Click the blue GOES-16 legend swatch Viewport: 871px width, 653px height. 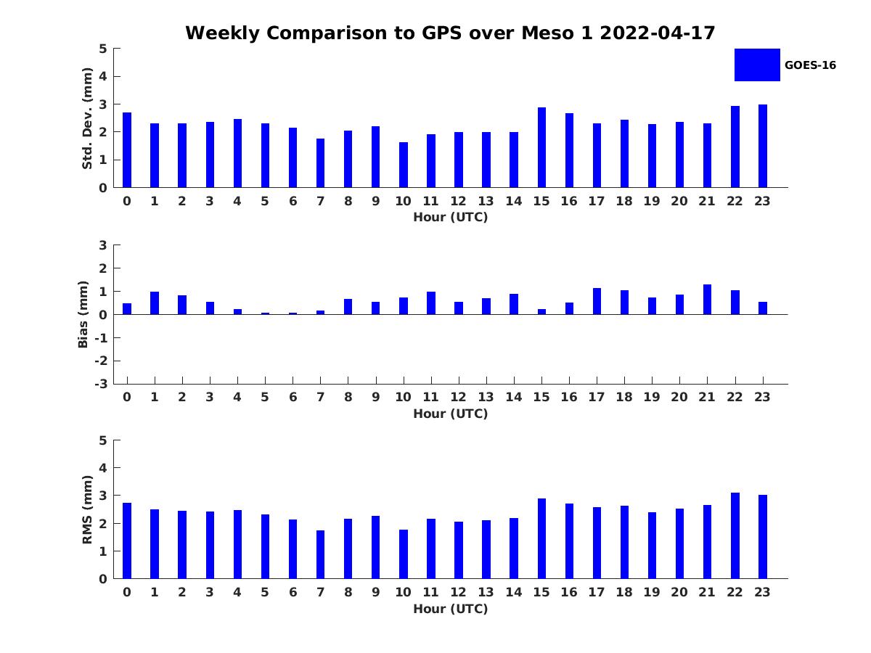(x=757, y=65)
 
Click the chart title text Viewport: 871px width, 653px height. (x=450, y=33)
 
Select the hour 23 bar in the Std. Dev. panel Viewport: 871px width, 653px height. (x=763, y=146)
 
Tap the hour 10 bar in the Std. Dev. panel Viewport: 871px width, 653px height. (x=404, y=165)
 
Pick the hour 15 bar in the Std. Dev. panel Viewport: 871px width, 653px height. (x=541, y=147)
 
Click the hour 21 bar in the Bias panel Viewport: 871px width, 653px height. (x=708, y=300)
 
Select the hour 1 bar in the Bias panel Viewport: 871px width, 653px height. (x=155, y=303)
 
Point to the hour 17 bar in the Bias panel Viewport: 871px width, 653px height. (x=597, y=301)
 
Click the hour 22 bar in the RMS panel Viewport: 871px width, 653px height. (x=735, y=535)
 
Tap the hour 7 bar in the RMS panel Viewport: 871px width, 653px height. (x=320, y=554)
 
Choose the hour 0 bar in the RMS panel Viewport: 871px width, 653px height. (x=127, y=541)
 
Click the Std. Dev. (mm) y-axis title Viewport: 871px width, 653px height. (x=87, y=118)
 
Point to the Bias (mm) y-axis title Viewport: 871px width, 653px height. (x=84, y=314)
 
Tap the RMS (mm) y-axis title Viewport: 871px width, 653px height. (x=87, y=509)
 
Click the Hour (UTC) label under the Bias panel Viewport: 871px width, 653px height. (x=450, y=414)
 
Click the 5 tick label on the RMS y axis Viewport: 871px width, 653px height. (x=103, y=440)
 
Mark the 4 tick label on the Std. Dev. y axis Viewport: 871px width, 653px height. (x=103, y=76)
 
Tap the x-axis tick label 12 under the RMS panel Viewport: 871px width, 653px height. (x=459, y=592)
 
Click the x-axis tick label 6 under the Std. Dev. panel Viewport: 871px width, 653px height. (x=293, y=201)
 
